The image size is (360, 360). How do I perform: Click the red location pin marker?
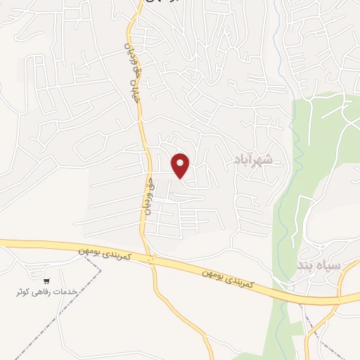tap(181, 166)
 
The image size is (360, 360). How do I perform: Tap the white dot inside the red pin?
tap(181, 163)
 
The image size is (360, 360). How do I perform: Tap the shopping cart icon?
tap(46, 278)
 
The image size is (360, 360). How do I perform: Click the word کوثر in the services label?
tap(25, 291)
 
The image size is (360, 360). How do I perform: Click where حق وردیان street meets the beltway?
tap(150, 257)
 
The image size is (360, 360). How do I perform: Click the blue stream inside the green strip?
tap(281, 211)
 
